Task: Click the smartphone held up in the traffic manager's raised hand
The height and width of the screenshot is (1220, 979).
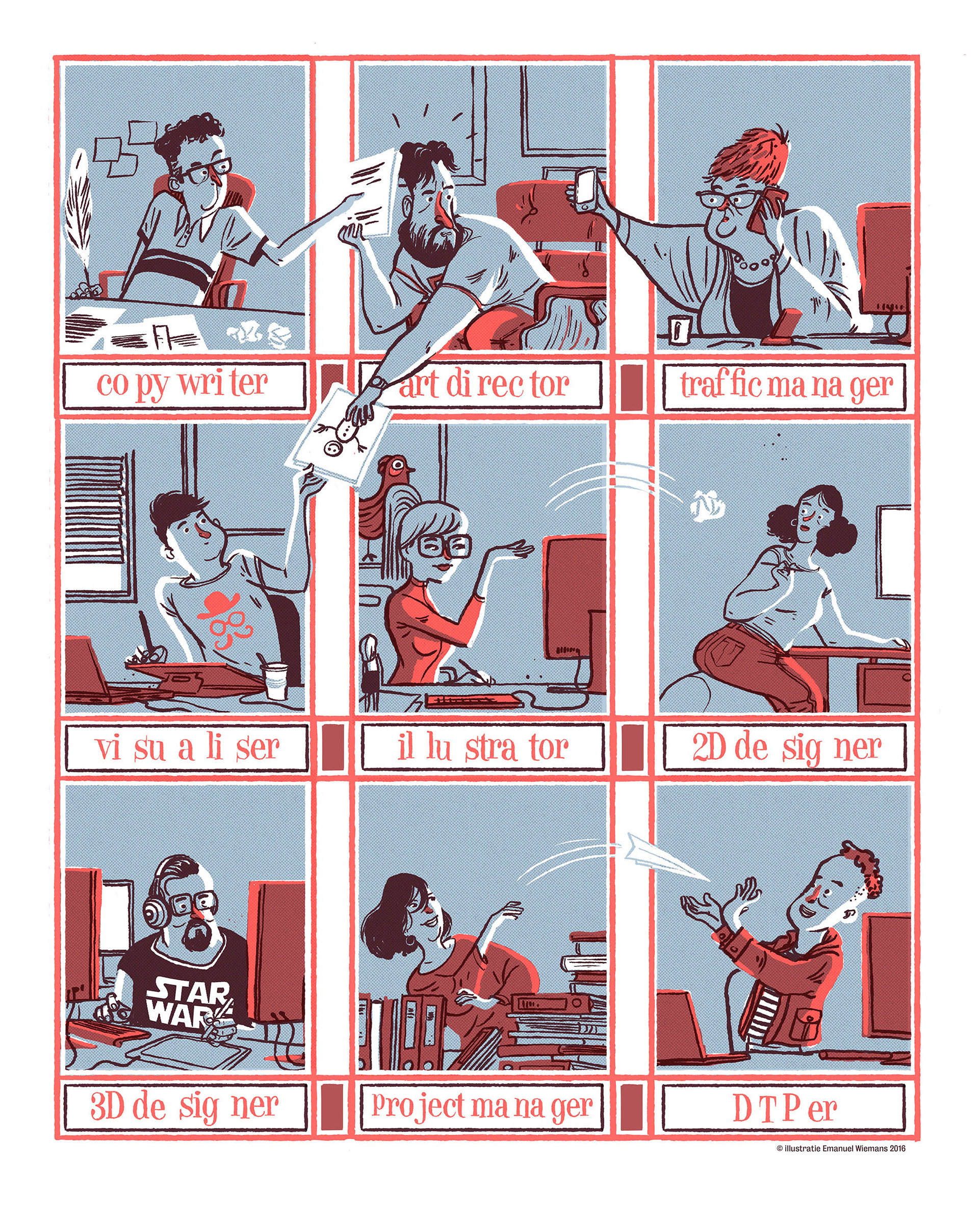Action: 585,188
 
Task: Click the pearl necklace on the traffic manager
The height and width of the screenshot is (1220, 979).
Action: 755,261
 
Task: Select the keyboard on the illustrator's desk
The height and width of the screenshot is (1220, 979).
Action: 473,700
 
